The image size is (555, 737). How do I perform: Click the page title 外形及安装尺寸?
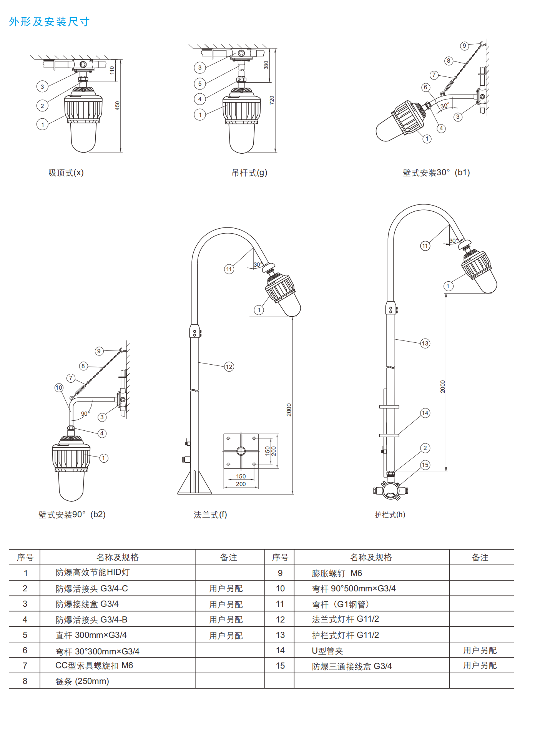49,22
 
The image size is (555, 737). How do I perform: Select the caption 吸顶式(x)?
66,173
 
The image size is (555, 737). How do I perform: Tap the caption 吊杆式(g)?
249,173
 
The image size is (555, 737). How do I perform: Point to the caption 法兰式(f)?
210,515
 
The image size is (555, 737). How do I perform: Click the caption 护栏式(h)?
390,515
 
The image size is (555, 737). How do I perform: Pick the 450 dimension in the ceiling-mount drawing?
118,106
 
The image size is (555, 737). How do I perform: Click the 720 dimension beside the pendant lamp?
272,100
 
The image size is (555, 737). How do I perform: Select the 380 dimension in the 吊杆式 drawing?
266,65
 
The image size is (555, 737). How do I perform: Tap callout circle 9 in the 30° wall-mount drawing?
464,46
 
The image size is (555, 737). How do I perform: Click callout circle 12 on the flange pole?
229,367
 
